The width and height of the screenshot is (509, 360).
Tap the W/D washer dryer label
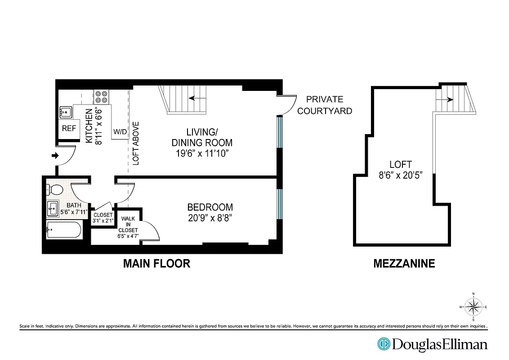120,132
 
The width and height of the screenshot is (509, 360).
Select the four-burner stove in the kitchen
101,97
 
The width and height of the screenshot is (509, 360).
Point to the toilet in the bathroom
56,189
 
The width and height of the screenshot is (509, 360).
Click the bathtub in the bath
64,230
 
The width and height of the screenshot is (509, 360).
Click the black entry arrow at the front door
56,156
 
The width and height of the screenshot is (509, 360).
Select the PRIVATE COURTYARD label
324,105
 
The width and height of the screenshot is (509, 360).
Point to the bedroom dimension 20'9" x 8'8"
210,218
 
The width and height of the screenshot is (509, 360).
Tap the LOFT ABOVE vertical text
136,144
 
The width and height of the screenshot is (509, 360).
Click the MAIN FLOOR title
156,264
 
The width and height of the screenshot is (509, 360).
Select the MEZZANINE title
404,264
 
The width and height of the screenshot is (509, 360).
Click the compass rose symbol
473,307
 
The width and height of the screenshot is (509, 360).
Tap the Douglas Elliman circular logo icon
384,344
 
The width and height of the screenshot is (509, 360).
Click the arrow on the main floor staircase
194,98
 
